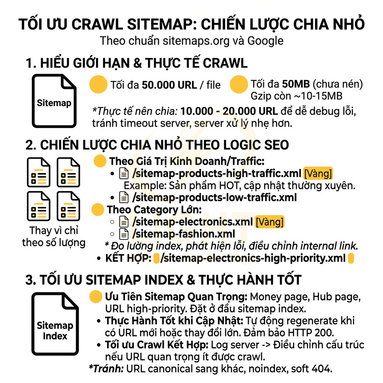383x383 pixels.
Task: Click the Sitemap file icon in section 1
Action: pyautogui.click(x=54, y=101)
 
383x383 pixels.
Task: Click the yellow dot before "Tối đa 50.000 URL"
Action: pyautogui.click(x=98, y=84)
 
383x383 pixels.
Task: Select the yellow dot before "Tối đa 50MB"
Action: pyautogui.click(x=239, y=84)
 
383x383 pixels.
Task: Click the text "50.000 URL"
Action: pyautogui.click(x=169, y=85)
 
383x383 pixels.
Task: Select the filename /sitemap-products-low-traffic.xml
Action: pyautogui.click(x=214, y=197)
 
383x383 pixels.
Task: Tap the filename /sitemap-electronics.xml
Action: pyautogui.click(x=192, y=222)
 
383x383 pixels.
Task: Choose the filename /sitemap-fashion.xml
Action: pyautogui.click(x=183, y=234)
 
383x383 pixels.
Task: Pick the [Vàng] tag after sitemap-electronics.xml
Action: pyautogui.click(x=269, y=222)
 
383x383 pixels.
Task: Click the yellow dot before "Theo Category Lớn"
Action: pyautogui.click(x=98, y=209)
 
